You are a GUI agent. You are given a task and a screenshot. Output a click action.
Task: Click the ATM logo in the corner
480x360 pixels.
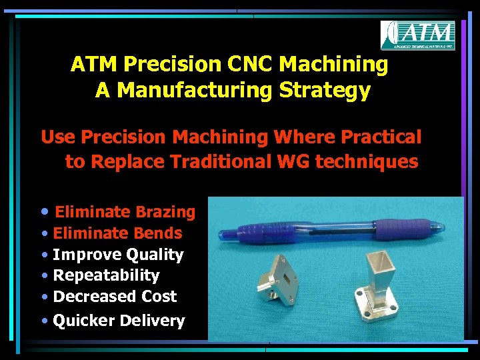[x=417, y=35]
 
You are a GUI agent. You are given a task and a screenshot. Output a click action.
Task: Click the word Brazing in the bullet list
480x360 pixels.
[x=165, y=212]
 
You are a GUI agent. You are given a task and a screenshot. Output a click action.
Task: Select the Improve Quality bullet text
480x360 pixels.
[x=118, y=255]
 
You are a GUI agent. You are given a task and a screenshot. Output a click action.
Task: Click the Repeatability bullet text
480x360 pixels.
[x=106, y=275]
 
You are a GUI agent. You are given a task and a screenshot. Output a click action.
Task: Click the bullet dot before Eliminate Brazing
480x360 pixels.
[x=44, y=212]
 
